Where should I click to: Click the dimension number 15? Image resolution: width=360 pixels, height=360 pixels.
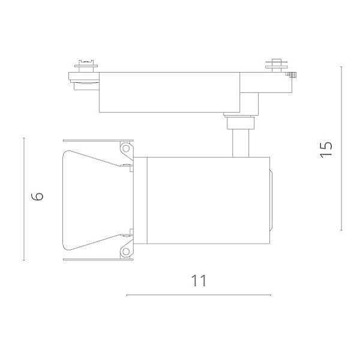[326, 148]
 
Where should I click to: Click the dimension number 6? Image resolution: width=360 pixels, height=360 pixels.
[37, 196]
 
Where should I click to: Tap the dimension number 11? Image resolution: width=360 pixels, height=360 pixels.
[199, 280]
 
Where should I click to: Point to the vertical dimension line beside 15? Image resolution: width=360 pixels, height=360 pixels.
[341, 148]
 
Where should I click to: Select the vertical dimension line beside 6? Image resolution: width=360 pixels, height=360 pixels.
[24, 199]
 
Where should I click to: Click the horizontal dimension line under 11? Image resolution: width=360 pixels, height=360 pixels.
[199, 295]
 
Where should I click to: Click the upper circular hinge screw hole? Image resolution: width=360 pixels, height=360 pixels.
[126, 148]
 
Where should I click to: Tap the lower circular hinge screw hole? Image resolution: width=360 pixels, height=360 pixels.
[126, 251]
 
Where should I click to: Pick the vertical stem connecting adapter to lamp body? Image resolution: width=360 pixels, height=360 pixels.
[241, 143]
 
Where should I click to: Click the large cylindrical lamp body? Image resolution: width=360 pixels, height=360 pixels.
[208, 200]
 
